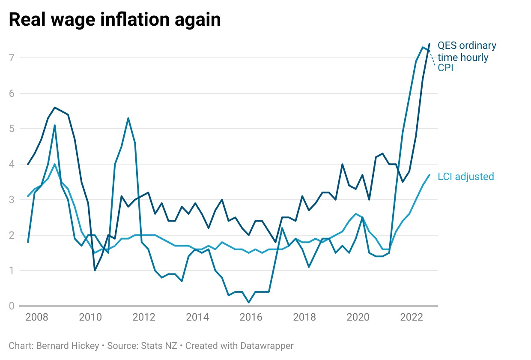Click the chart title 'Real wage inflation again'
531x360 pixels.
click(x=115, y=20)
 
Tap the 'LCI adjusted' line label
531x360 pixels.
click(x=466, y=177)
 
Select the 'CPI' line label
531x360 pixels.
click(x=445, y=68)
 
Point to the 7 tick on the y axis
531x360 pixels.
click(x=12, y=58)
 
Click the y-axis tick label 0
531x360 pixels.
click(x=12, y=306)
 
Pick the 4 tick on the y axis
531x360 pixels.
click(x=12, y=164)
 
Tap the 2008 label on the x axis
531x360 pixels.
click(x=37, y=318)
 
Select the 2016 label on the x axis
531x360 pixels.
click(x=251, y=318)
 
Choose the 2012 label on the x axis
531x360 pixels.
click(x=144, y=318)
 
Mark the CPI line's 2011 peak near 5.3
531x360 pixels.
click(x=128, y=118)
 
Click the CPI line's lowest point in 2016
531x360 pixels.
click(x=249, y=303)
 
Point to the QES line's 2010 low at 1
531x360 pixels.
click(x=95, y=270)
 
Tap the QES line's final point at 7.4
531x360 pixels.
click(x=429, y=44)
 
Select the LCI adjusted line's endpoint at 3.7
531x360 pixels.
click(x=429, y=175)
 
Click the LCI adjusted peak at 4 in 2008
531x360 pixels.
click(x=55, y=164)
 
